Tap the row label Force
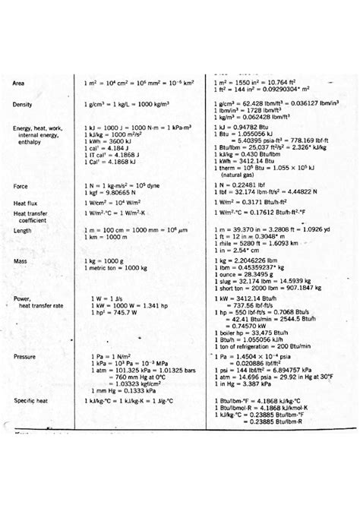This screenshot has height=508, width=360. tap(21, 186)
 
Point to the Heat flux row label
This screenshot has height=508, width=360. tap(28, 203)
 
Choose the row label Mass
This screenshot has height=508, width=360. tap(21, 261)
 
